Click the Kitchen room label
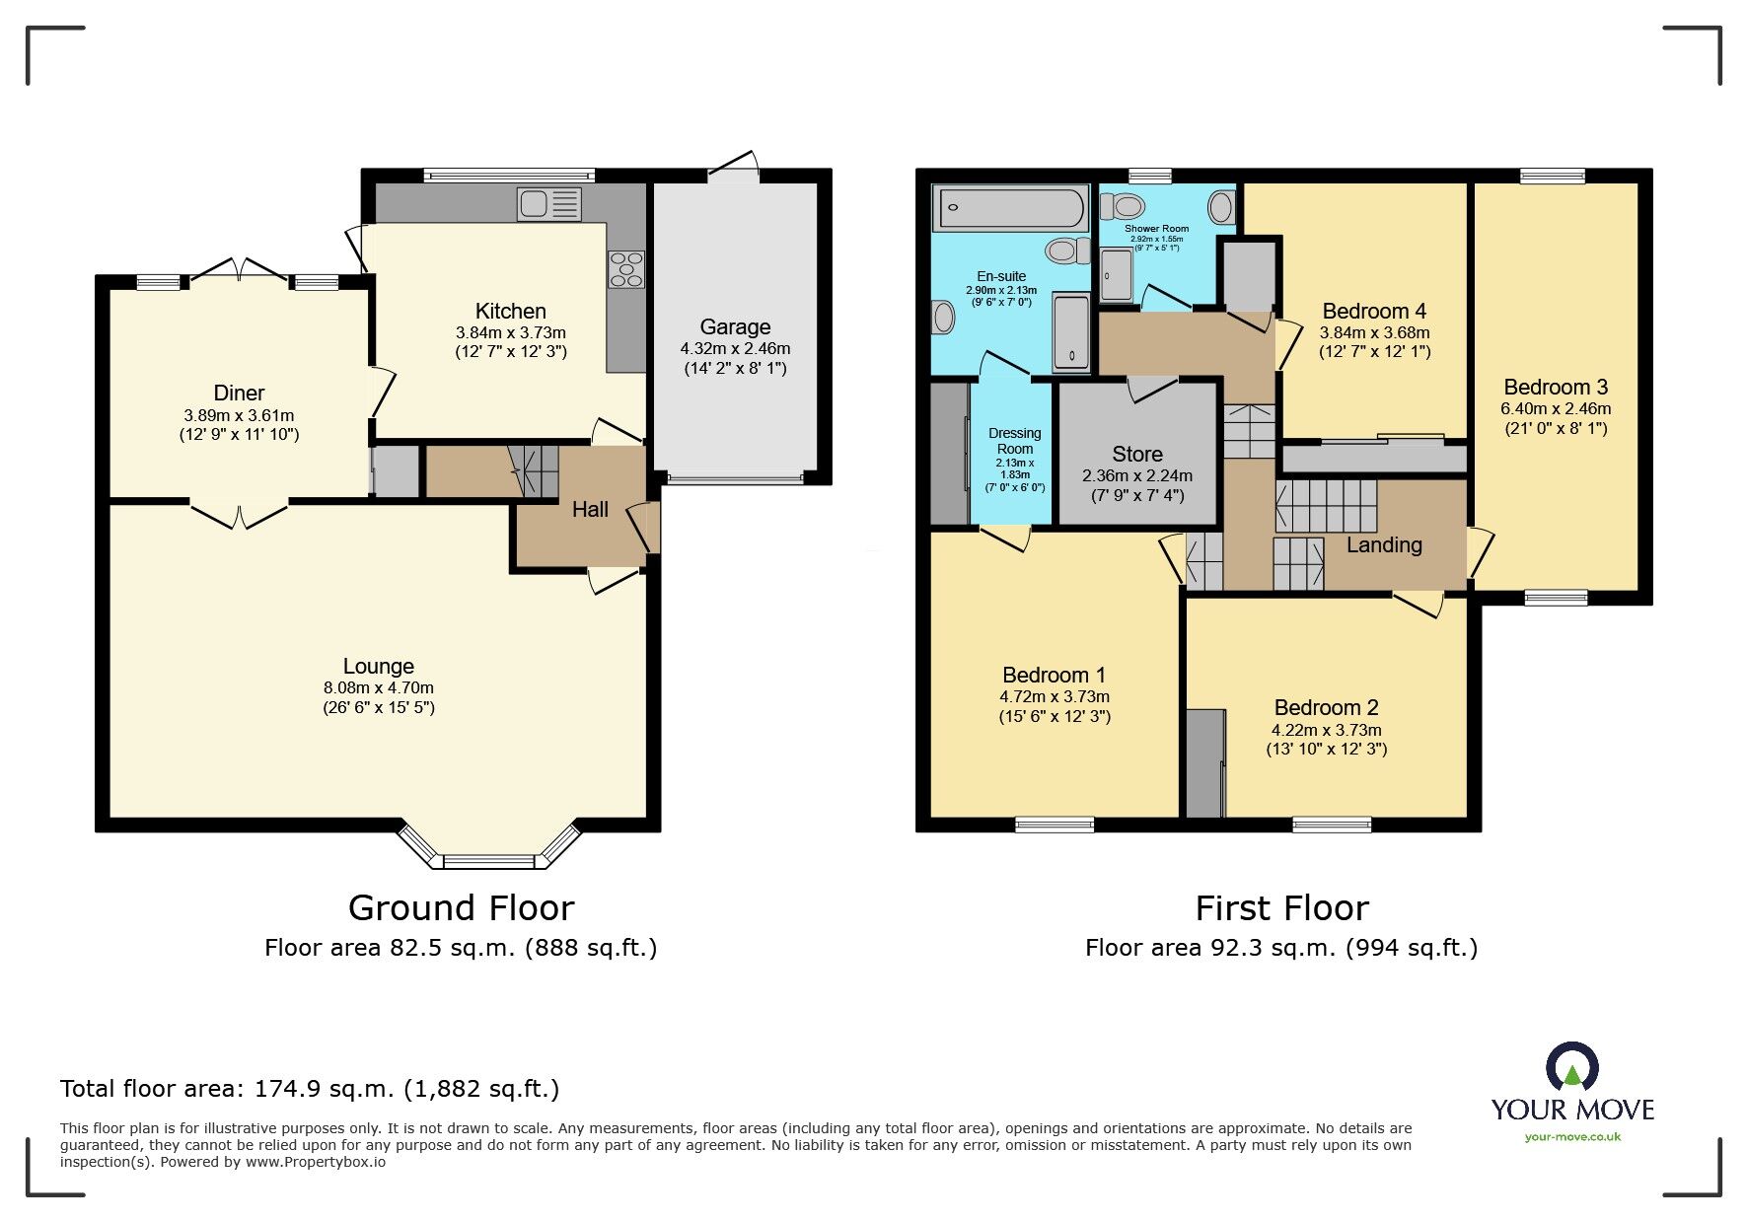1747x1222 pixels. (x=510, y=311)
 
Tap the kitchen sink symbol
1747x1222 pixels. (x=548, y=204)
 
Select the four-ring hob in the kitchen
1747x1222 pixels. (x=625, y=269)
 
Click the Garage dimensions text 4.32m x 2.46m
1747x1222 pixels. (x=735, y=348)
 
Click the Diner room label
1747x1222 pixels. (x=239, y=393)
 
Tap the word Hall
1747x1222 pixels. (x=590, y=509)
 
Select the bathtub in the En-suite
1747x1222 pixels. (x=1010, y=207)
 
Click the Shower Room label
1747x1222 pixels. (x=1156, y=228)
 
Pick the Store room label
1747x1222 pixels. (x=1137, y=454)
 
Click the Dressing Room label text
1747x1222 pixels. (x=1014, y=441)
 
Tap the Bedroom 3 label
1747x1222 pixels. (x=1556, y=387)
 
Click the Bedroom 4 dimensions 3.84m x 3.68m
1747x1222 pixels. (x=1374, y=332)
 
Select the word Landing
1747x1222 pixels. (x=1384, y=544)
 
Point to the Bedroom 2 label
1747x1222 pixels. (x=1326, y=707)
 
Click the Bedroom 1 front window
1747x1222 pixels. (x=1055, y=825)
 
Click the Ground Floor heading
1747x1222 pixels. (x=461, y=907)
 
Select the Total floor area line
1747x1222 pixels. (x=310, y=1089)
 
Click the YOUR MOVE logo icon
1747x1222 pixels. (x=1571, y=1068)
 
